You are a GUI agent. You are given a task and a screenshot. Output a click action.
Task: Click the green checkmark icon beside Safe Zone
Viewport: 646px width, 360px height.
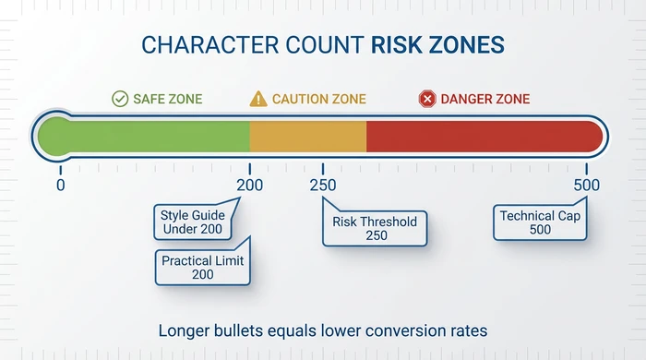coord(119,99)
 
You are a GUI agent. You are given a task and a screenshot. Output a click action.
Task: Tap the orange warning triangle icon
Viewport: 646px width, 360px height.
coord(258,99)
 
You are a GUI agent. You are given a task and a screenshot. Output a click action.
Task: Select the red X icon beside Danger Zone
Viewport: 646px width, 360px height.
coord(426,99)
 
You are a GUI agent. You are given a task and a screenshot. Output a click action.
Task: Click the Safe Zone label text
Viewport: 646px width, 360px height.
coord(167,99)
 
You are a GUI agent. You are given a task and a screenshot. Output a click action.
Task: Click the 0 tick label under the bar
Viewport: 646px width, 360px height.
coord(60,185)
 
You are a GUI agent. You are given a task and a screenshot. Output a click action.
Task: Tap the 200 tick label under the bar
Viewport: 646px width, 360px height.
coord(249,185)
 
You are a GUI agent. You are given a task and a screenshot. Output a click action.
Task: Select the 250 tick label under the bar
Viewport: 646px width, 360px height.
coord(323,185)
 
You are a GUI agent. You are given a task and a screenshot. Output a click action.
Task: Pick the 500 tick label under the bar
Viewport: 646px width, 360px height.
coord(586,185)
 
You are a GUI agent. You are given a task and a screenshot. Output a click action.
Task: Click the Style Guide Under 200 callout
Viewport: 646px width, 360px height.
coord(192,222)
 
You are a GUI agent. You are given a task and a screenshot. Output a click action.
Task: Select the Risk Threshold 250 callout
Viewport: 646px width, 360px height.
coord(375,228)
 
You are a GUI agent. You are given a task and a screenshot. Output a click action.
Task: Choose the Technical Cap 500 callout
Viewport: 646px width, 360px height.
coord(541,222)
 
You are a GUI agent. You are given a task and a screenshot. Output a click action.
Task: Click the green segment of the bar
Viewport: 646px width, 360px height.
coord(148,136)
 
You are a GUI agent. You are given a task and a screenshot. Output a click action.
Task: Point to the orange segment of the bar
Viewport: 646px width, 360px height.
coord(308,136)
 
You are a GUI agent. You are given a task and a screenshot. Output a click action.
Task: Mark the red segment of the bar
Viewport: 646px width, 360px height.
coord(480,136)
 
